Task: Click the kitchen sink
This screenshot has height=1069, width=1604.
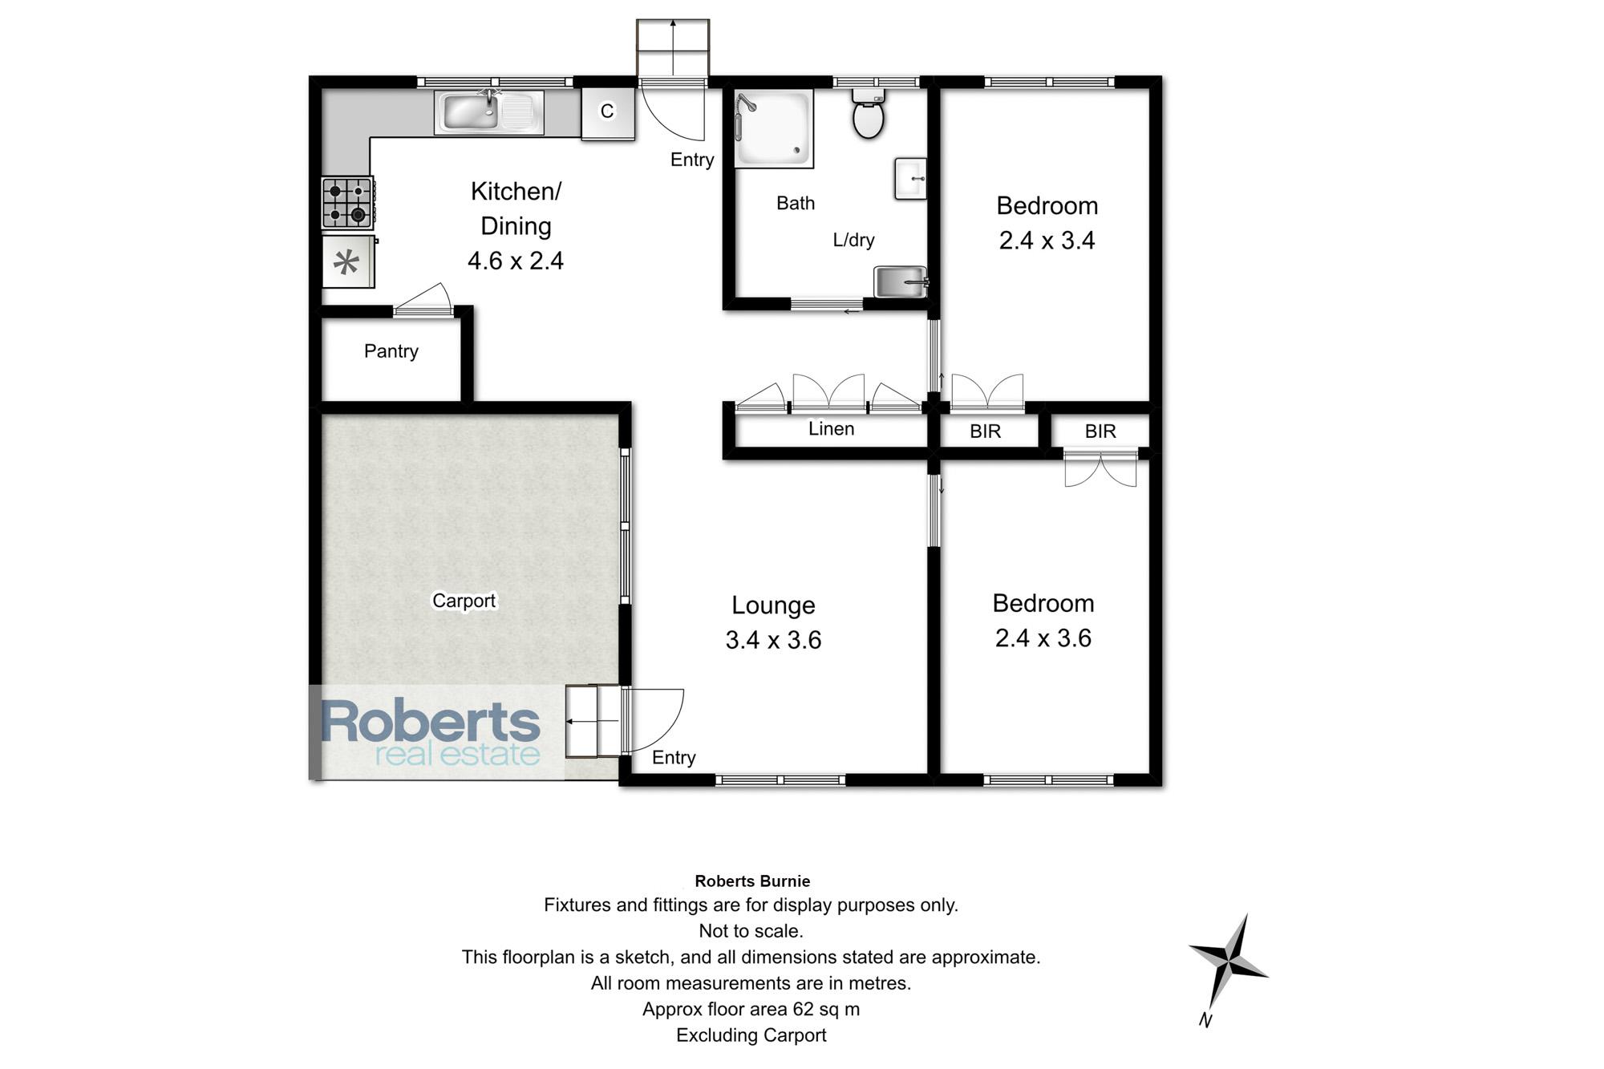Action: point(489,112)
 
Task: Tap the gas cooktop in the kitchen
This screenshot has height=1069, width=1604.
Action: point(348,203)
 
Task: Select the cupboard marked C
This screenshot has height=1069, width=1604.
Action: point(608,113)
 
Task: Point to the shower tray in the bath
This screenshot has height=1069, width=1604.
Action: point(773,128)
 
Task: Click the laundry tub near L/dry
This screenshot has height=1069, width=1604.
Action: point(901,281)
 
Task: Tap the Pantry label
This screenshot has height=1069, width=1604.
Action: point(391,351)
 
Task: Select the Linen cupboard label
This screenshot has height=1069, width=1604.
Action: point(831,429)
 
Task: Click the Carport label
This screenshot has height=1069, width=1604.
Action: point(464,601)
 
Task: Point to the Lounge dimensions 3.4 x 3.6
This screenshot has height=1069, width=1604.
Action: point(773,640)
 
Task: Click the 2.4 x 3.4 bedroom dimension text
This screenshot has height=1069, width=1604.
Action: point(1047,241)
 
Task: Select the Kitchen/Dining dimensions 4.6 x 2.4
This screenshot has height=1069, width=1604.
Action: point(516,261)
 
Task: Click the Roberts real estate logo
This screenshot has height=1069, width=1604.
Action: point(431,732)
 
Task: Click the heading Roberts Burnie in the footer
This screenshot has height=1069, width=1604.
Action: point(752,881)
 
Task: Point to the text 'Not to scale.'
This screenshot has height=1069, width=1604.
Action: point(751,931)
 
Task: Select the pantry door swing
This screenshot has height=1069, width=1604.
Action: point(423,298)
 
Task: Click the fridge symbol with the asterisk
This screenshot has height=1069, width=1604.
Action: point(348,261)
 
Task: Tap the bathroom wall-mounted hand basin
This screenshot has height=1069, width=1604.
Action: point(911,178)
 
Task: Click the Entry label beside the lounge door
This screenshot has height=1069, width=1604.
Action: point(674,758)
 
